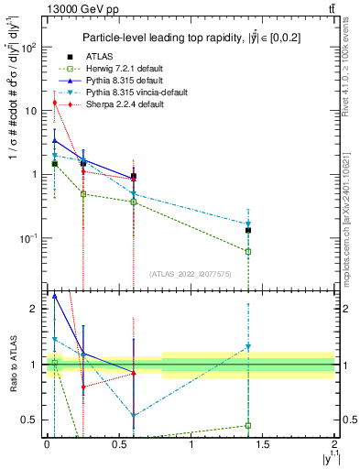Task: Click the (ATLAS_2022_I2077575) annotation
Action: coord(190,274)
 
